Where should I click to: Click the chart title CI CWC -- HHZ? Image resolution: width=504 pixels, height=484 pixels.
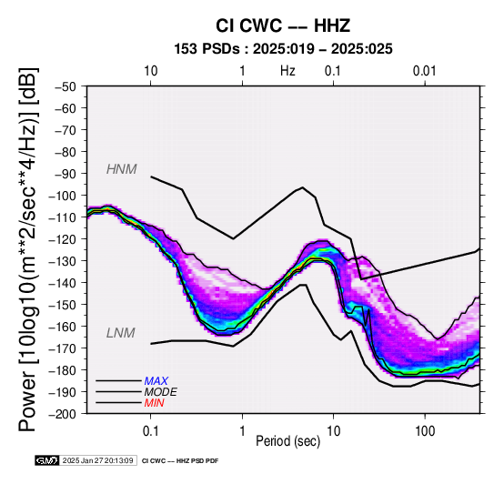point(283,25)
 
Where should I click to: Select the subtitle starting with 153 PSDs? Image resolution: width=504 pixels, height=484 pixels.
point(283,49)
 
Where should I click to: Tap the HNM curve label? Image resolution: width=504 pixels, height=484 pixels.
point(122,169)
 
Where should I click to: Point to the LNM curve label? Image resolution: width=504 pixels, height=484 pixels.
point(120,333)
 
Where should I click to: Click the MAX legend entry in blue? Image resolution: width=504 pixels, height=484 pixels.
point(156,381)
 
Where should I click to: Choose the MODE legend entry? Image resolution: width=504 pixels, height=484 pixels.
point(160,392)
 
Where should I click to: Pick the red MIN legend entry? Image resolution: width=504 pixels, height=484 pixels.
point(154,403)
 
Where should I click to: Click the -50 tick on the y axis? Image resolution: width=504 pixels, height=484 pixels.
point(65,86)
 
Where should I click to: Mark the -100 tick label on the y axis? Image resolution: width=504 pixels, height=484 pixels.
point(62,196)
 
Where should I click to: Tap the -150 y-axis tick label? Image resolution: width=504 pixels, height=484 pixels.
point(62,305)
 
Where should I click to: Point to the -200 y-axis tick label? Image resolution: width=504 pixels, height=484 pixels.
point(62,414)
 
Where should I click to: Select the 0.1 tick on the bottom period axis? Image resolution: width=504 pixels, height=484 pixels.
point(150,430)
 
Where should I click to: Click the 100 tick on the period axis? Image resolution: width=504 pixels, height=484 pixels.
point(425,430)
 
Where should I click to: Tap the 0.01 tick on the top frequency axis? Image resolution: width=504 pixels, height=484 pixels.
point(425,71)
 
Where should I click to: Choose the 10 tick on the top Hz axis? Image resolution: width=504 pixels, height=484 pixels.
point(150,71)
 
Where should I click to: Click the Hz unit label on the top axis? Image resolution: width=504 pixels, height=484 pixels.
point(287,71)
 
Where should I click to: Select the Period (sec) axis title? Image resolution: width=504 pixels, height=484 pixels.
point(288,441)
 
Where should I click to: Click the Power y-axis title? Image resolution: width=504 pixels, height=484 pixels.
point(28,249)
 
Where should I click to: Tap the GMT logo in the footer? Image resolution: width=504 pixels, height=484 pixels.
point(47,460)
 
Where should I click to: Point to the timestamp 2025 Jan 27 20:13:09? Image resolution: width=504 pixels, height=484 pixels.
point(97,460)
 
